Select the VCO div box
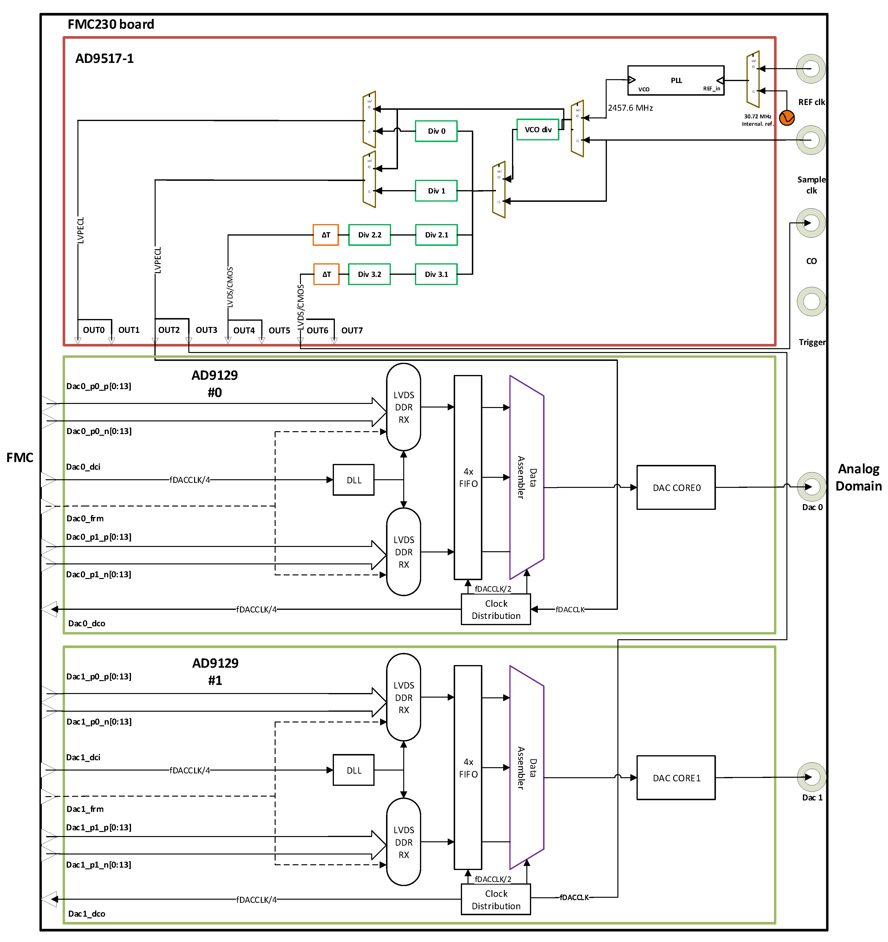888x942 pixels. pyautogui.click(x=538, y=129)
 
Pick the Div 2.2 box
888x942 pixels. pyautogui.click(x=369, y=235)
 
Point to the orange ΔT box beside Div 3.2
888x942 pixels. pyautogui.click(x=326, y=274)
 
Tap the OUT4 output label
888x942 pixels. pyautogui.click(x=244, y=330)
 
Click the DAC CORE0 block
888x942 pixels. pyautogui.click(x=676, y=488)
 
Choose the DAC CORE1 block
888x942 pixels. pyautogui.click(x=676, y=778)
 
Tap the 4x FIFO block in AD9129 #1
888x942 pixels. pyautogui.click(x=468, y=768)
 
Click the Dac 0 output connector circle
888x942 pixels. pyautogui.click(x=811, y=487)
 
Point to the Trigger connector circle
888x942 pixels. pyautogui.click(x=811, y=301)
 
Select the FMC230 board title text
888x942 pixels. pyautogui.click(x=111, y=24)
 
